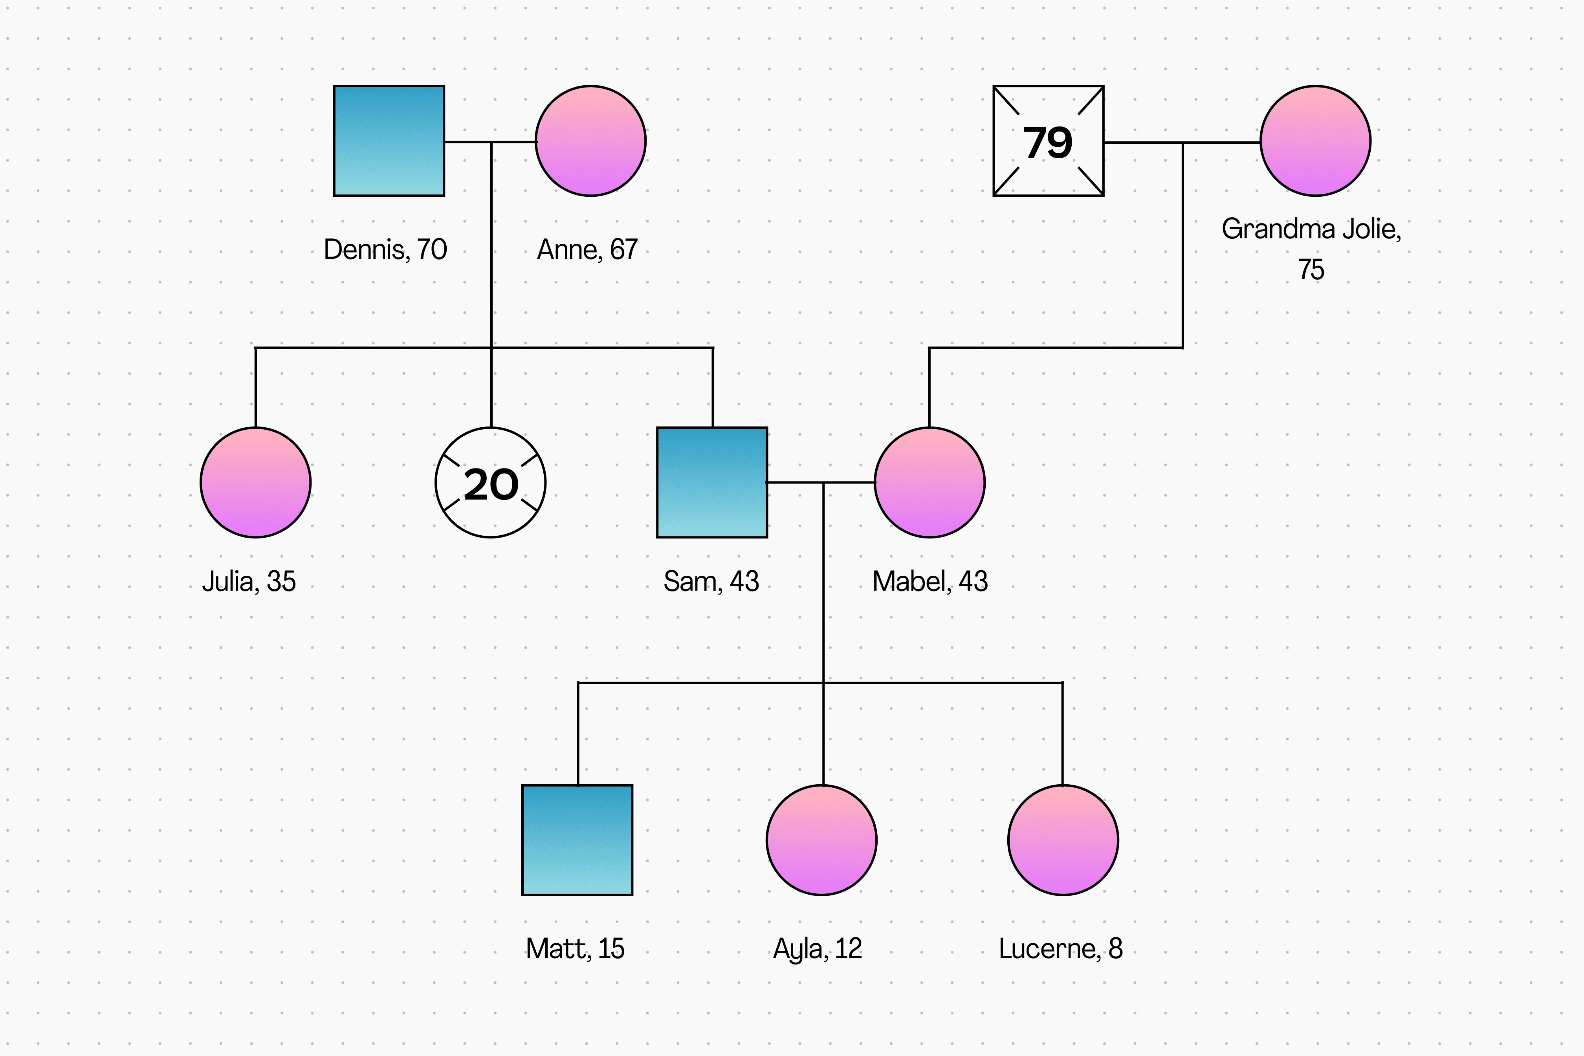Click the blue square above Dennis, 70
(x=389, y=141)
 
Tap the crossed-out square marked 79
(x=1049, y=141)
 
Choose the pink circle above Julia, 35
(x=255, y=482)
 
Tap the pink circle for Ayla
(x=821, y=840)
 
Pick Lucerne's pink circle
(x=1063, y=840)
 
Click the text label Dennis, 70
(x=385, y=249)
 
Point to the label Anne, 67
(x=587, y=249)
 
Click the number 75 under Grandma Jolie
(x=1311, y=269)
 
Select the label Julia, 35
(x=249, y=581)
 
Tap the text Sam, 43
(x=711, y=581)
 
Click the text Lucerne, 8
(x=1060, y=948)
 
